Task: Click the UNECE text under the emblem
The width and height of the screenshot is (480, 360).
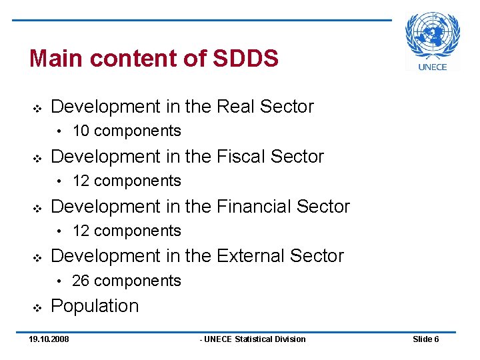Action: point(433,66)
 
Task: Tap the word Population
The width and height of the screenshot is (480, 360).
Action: point(95,306)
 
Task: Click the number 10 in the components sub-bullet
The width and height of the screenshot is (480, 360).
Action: point(80,131)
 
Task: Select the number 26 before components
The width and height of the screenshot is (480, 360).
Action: point(81,281)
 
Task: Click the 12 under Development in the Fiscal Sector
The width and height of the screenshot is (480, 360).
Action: point(80,181)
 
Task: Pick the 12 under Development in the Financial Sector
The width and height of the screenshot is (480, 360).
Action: point(80,231)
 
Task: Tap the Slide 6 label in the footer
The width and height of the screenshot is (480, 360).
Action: point(425,339)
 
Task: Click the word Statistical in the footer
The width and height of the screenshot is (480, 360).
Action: point(255,339)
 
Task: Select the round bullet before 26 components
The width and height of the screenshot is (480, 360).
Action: point(60,281)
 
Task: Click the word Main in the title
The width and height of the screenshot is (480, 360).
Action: point(57,59)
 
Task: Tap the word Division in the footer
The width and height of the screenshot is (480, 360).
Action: point(291,339)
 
